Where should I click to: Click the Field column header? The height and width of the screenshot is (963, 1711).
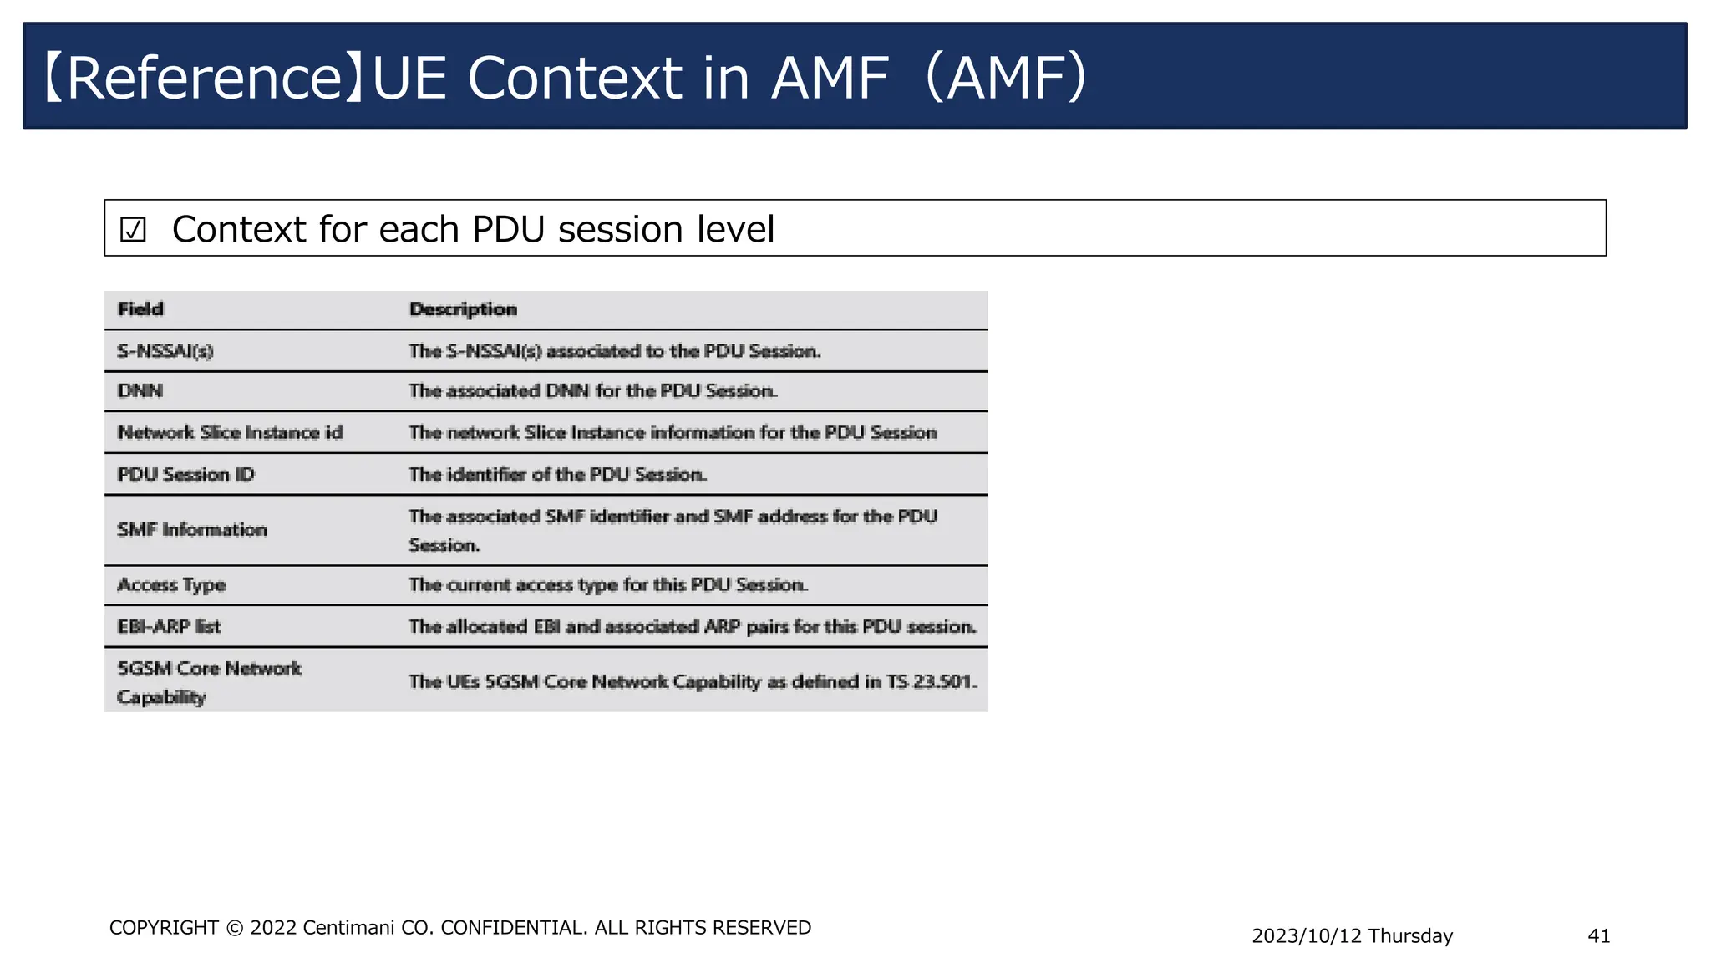(x=141, y=309)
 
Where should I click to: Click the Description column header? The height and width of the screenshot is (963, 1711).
(x=463, y=309)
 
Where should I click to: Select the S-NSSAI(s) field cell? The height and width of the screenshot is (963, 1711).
(x=165, y=351)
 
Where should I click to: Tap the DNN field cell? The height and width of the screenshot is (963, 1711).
(x=140, y=391)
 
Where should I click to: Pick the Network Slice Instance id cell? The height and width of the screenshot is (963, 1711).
(x=230, y=433)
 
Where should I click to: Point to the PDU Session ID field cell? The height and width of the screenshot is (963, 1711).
(x=185, y=475)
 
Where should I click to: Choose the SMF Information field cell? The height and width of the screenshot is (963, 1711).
(x=192, y=530)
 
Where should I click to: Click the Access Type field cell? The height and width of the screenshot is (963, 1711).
(x=171, y=585)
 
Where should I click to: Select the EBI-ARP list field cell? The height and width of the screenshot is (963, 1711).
(x=169, y=627)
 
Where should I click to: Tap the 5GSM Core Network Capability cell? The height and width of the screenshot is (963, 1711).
(x=209, y=682)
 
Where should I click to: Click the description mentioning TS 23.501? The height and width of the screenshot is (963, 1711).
(x=693, y=682)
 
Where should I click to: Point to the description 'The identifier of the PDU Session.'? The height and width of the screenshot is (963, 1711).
(x=557, y=475)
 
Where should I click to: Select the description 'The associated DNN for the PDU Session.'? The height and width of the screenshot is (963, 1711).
(x=593, y=391)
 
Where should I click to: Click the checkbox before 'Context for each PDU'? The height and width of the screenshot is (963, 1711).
(x=133, y=230)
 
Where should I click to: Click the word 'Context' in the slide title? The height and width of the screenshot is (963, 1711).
(x=574, y=79)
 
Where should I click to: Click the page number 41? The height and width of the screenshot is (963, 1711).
(x=1598, y=936)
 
